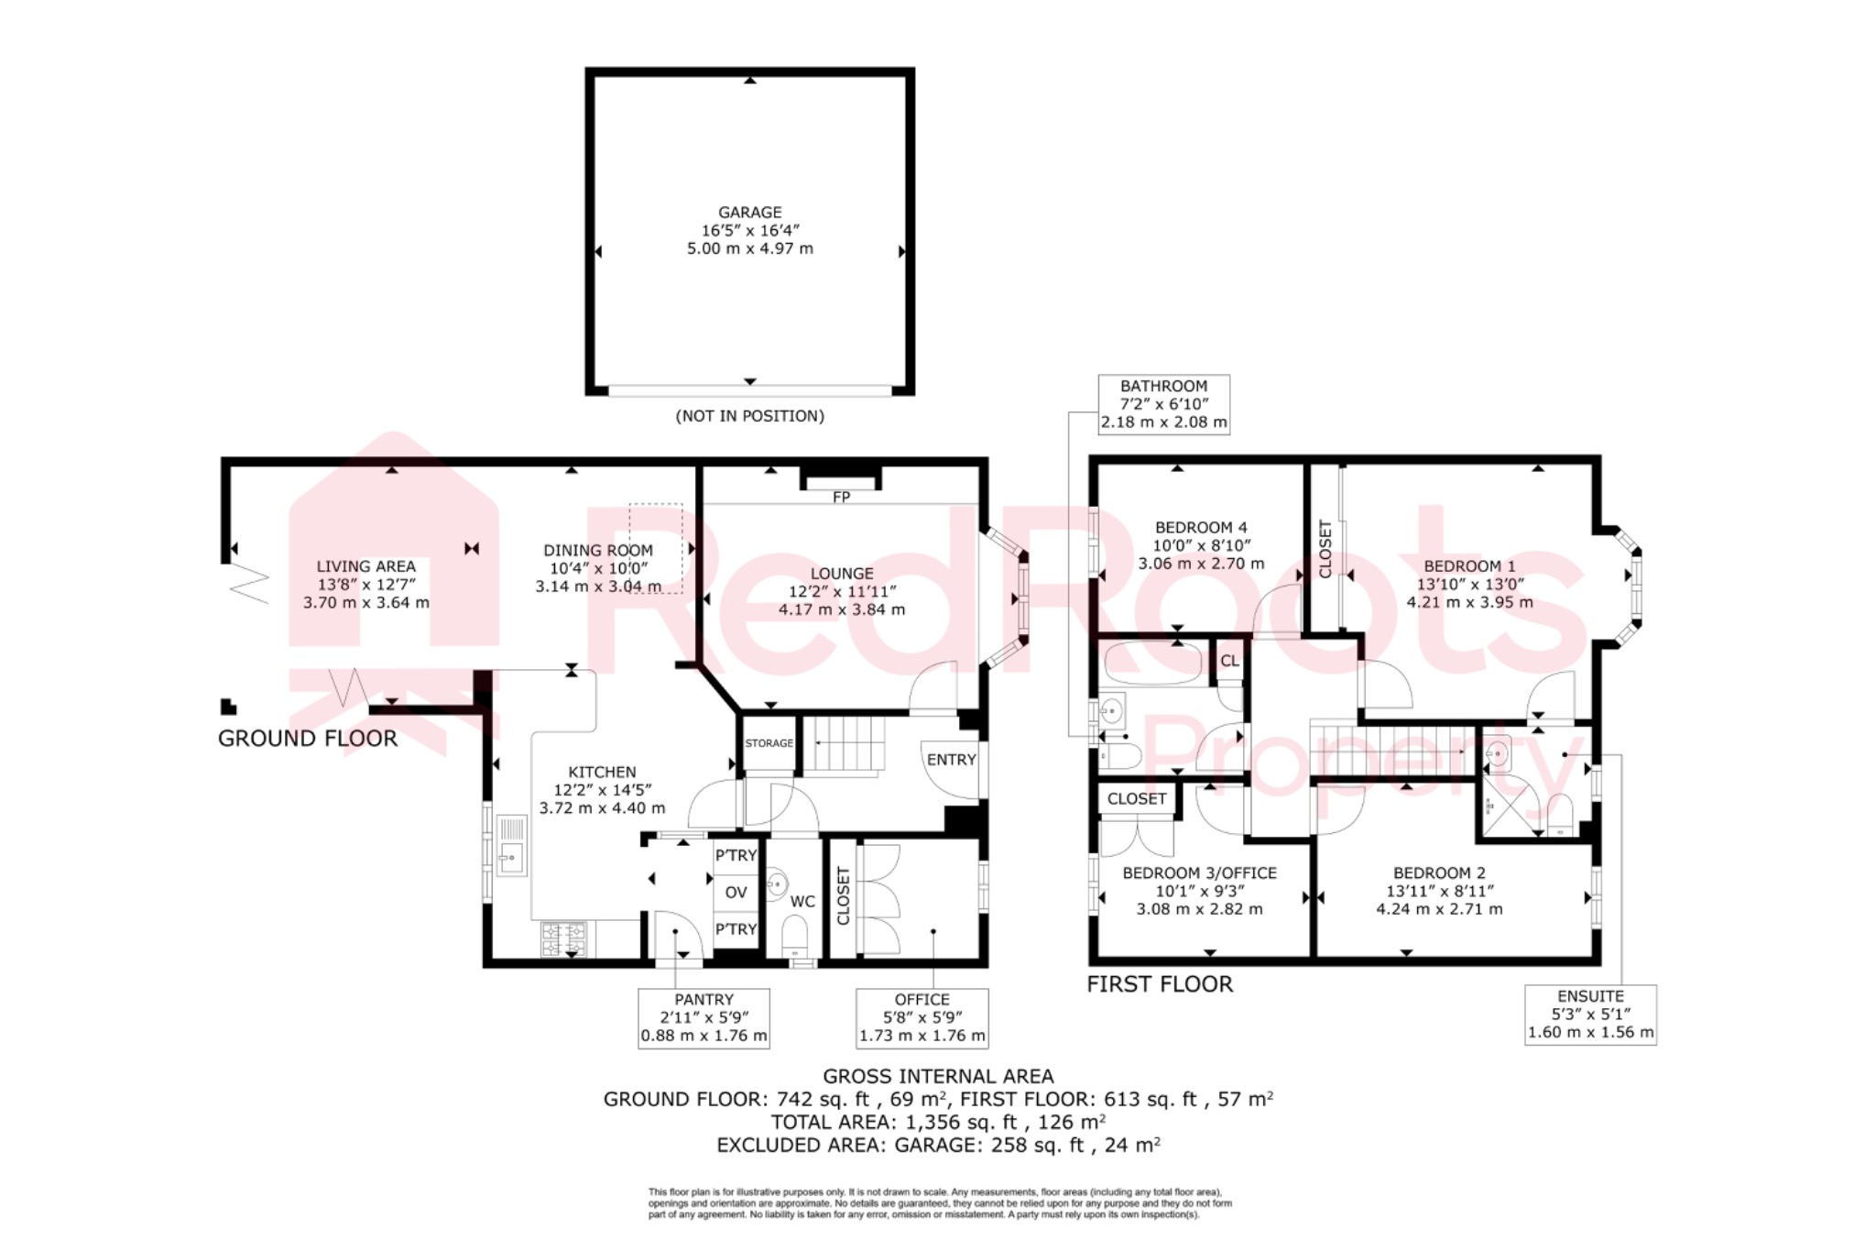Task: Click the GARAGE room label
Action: pos(749,212)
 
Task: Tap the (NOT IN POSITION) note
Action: pos(749,416)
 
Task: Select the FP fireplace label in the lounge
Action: pos(841,497)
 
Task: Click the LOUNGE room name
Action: pos(841,574)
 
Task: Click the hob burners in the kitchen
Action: pos(563,938)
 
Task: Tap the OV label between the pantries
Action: pos(736,892)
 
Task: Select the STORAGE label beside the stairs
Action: pos(769,743)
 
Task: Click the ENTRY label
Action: pos(951,760)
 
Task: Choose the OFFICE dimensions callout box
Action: pos(922,1018)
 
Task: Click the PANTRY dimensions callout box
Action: pos(703,1018)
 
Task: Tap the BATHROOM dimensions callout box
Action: pos(1163,404)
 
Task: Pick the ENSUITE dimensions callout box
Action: pos(1590,1015)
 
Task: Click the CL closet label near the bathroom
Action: pos(1229,661)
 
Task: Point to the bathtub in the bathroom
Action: pos(1152,664)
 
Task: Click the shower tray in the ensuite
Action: pos(1507,807)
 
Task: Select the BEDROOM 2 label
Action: pos(1439,873)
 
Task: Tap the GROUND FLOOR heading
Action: pos(308,739)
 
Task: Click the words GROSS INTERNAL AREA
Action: pos(938,1076)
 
